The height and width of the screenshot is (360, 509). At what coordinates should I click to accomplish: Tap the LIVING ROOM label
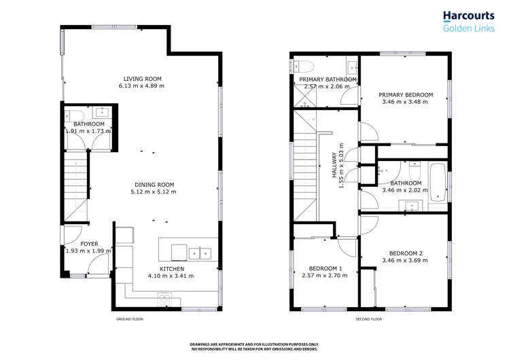(x=141, y=78)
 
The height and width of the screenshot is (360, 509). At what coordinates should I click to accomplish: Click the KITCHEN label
(x=171, y=268)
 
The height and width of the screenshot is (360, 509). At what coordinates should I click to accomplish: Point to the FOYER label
(x=89, y=243)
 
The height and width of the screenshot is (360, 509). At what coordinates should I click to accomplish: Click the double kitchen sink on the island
(x=200, y=253)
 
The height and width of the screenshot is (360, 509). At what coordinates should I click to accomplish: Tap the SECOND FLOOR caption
(x=369, y=319)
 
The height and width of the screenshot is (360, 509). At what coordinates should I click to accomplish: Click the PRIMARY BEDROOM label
(x=406, y=95)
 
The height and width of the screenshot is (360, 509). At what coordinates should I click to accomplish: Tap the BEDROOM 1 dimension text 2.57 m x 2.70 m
(x=325, y=275)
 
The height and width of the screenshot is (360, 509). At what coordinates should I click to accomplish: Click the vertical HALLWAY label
(x=334, y=167)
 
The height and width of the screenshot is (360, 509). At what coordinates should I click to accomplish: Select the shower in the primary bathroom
(x=304, y=97)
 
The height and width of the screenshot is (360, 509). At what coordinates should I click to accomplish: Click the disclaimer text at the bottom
(x=254, y=346)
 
